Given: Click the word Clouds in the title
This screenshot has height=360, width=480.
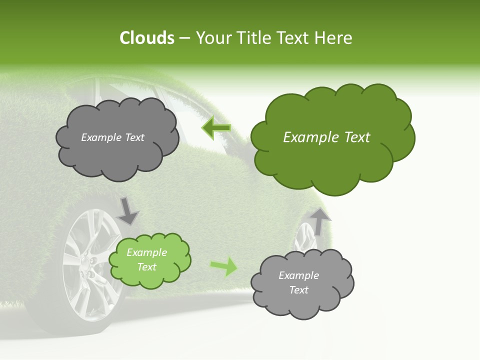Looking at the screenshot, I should point(146,38).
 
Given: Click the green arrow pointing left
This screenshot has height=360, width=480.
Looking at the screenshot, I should point(216,128).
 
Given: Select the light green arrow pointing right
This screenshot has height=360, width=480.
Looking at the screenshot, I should point(224,266).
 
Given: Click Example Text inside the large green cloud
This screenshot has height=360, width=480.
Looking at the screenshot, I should point(326,137).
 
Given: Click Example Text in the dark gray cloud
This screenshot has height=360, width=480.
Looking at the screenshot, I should point(112,137).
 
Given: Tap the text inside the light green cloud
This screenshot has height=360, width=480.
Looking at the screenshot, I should point(146,259).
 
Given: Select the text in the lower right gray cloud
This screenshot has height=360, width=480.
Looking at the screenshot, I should point(298,282).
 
